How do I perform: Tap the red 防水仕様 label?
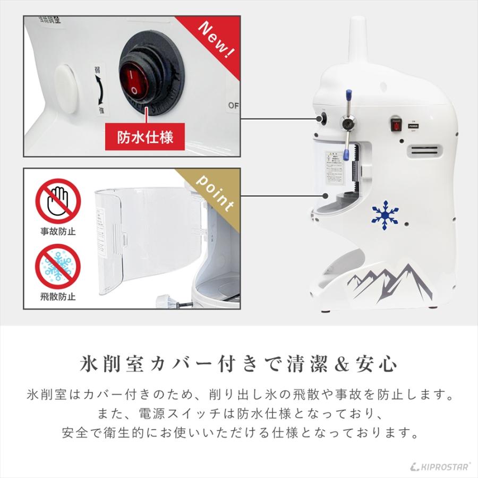point(145,137)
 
